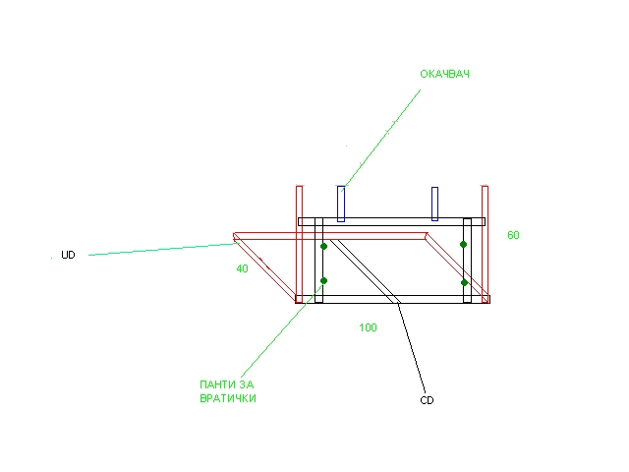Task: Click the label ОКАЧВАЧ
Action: click(x=444, y=74)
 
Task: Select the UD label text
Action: click(x=68, y=255)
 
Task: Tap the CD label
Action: click(x=427, y=400)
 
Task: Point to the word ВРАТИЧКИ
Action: click(x=228, y=398)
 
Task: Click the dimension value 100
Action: click(x=368, y=327)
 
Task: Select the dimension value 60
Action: click(x=513, y=235)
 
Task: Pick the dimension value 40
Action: click(x=242, y=268)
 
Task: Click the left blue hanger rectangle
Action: click(x=341, y=204)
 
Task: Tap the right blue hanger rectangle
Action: click(x=434, y=204)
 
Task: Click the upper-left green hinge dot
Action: click(x=323, y=246)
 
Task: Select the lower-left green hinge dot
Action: click(x=323, y=280)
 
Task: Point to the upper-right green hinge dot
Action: click(x=463, y=245)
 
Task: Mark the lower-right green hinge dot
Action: click(x=464, y=282)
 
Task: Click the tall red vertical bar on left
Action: click(x=299, y=244)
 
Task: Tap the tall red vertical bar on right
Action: click(x=485, y=244)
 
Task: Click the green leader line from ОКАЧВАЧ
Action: click(x=380, y=140)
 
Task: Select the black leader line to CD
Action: click(x=411, y=347)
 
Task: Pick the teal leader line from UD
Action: click(x=161, y=249)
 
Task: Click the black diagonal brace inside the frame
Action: click(x=365, y=271)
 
